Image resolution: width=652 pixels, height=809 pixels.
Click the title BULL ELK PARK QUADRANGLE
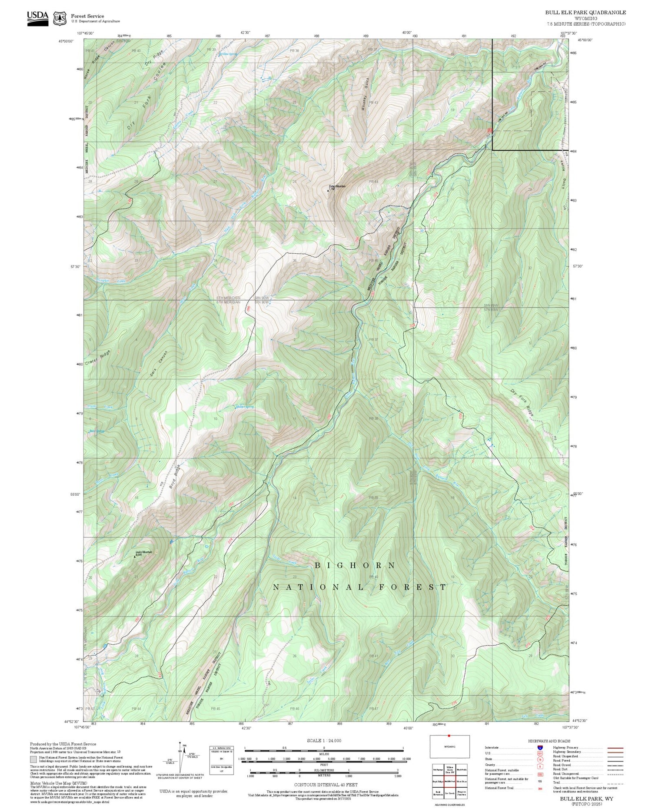click(x=585, y=13)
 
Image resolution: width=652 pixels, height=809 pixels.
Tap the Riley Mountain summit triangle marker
click(x=328, y=190)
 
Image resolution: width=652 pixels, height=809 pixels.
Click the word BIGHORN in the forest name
click(x=355, y=565)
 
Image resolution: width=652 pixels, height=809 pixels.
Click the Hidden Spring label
click(x=244, y=407)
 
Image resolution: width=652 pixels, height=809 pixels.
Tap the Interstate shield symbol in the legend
click(x=539, y=747)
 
